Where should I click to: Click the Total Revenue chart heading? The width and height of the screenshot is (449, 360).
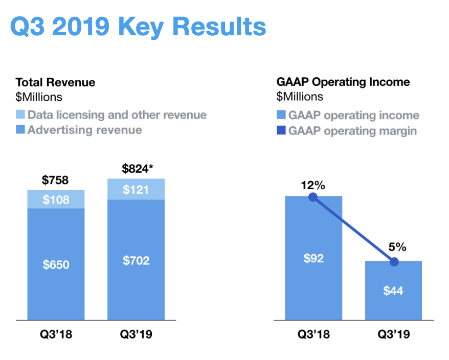[55, 82]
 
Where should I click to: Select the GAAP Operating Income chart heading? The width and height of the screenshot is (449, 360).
[343, 82]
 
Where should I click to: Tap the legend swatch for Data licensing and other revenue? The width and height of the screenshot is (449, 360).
[20, 115]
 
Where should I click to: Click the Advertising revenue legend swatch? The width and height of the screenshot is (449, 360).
[20, 130]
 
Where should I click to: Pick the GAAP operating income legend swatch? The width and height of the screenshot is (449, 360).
[281, 116]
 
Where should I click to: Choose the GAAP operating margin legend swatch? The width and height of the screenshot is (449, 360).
[281, 131]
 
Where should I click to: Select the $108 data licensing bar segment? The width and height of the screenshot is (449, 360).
[56, 199]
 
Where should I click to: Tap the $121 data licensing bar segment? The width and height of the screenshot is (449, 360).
[136, 189]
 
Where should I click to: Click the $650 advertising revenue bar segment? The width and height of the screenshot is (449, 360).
[56, 264]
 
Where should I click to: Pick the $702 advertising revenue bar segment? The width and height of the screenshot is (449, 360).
[136, 260]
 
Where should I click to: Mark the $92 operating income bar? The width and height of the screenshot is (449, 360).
[313, 258]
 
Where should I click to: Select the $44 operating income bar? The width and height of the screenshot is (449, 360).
[393, 290]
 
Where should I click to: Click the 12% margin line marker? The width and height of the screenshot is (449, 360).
[313, 197]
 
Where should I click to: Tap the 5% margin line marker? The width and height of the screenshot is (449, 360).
[394, 262]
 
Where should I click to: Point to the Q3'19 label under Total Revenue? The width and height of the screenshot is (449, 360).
[136, 335]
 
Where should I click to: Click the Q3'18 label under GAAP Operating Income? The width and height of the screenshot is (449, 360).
[313, 335]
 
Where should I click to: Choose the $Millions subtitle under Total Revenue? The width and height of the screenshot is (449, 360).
[39, 97]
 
